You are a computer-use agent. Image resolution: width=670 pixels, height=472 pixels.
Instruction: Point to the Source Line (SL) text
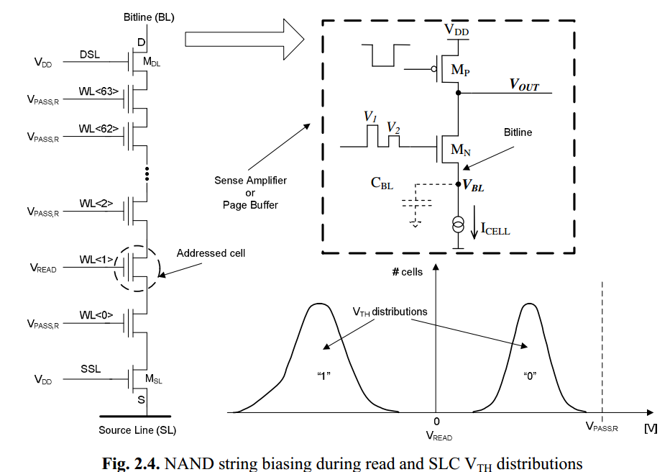coord(137,430)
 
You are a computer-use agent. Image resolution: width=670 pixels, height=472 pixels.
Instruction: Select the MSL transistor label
coord(153,379)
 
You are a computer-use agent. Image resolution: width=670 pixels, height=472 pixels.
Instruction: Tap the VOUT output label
coord(525,85)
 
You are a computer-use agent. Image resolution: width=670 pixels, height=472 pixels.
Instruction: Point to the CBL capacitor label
coord(382,183)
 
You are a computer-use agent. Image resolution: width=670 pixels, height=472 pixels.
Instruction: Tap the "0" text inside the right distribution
coord(531,376)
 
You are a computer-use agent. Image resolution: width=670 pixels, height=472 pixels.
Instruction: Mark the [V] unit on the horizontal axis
coord(651,428)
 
